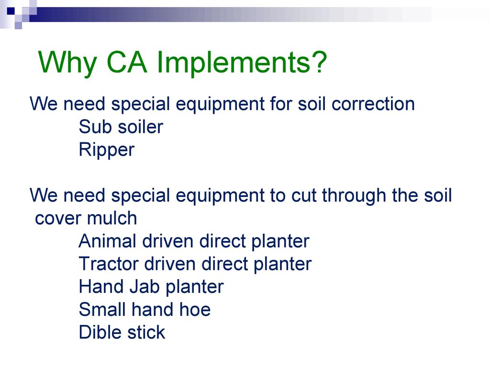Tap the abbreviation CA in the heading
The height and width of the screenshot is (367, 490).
(x=126, y=62)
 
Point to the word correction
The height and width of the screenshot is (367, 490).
(x=373, y=104)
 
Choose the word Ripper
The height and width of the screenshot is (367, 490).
(x=107, y=150)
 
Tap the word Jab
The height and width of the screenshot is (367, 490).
(x=145, y=287)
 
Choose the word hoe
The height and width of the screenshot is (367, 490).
(x=195, y=310)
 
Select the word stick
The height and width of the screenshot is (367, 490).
(x=146, y=332)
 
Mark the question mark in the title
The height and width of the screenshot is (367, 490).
(x=319, y=62)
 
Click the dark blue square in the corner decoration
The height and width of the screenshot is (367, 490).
(x=11, y=11)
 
